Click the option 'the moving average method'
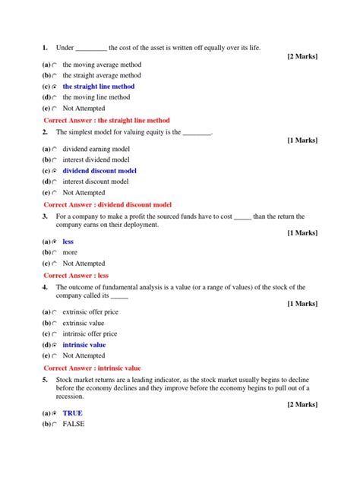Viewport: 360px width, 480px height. click(102, 65)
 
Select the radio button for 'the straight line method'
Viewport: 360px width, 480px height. click(55, 87)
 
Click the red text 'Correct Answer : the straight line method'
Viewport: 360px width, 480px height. click(106, 121)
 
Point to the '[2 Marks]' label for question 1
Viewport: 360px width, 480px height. click(302, 57)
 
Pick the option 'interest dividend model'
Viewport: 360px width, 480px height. click(96, 160)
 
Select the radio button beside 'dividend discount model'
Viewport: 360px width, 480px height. click(55, 172)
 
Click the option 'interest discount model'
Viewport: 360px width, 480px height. click(96, 182)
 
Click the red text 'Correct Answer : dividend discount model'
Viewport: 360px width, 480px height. click(107, 205)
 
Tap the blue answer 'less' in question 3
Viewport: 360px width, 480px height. click(68, 242)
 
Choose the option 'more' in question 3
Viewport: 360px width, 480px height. click(70, 253)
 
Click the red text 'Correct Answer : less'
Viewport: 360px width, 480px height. click(76, 276)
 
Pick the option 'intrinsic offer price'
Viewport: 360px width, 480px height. click(90, 334)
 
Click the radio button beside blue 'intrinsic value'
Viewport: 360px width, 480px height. click(55, 346)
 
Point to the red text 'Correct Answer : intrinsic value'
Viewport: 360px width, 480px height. click(92, 368)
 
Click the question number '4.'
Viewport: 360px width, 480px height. click(46, 287)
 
